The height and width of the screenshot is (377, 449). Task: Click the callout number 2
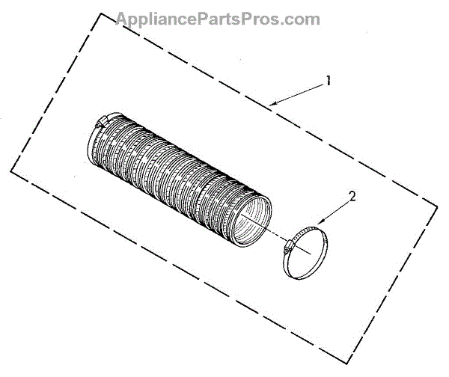[x=352, y=197]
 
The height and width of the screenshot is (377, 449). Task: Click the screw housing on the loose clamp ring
[x=288, y=244]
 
